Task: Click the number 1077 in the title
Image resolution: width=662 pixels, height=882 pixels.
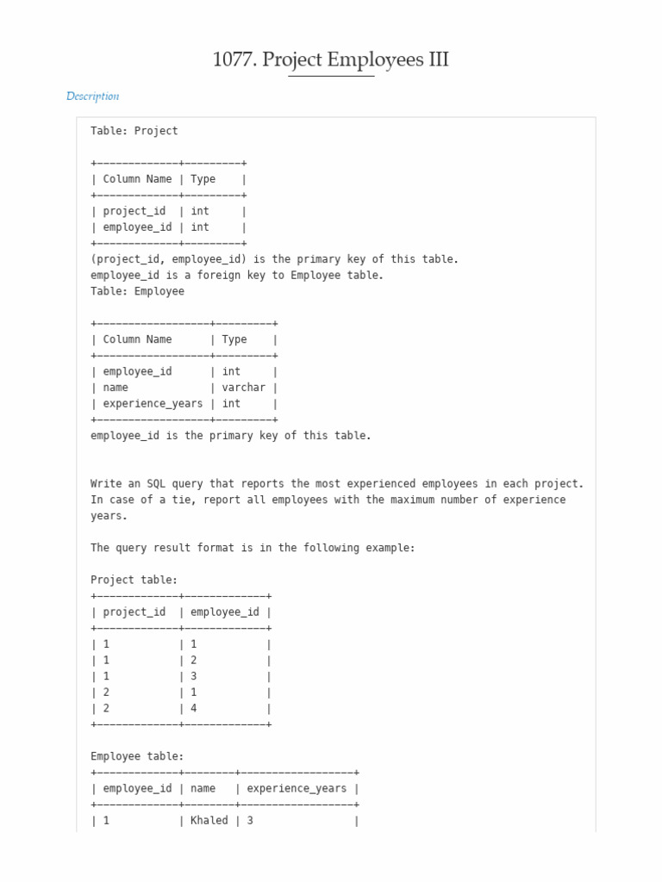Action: [x=234, y=60]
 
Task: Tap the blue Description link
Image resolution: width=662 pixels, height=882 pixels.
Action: [x=92, y=96]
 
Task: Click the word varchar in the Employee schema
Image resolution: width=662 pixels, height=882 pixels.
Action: [x=243, y=388]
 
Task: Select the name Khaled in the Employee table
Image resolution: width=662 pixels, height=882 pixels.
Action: [x=209, y=821]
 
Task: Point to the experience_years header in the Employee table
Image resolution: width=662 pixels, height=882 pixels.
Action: [x=297, y=788]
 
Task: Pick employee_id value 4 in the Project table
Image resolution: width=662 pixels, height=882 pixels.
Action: [x=194, y=708]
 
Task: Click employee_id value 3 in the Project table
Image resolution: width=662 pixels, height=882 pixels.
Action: [x=194, y=676]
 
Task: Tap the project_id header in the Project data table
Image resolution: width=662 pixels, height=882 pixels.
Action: [x=134, y=612]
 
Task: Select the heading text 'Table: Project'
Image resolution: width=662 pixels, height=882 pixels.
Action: [x=134, y=131]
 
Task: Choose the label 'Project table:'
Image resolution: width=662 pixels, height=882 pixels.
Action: [x=134, y=580]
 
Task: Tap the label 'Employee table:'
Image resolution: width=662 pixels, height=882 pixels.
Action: [x=137, y=756]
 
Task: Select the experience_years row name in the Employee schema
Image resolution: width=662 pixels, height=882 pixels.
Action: [x=153, y=403]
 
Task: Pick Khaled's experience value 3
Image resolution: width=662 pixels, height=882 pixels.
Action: [x=250, y=821]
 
